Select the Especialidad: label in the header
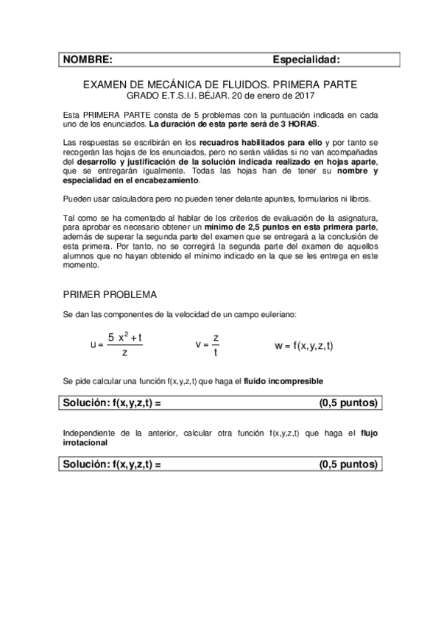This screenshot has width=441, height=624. coord(306,60)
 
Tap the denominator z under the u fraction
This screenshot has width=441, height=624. coord(125,353)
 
